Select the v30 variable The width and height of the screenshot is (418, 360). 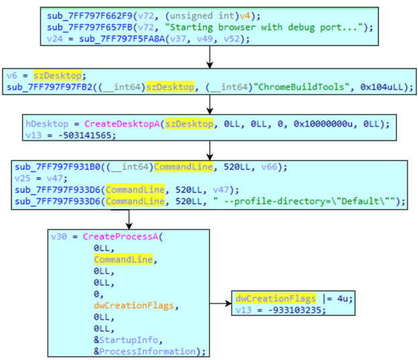coord(59,238)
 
